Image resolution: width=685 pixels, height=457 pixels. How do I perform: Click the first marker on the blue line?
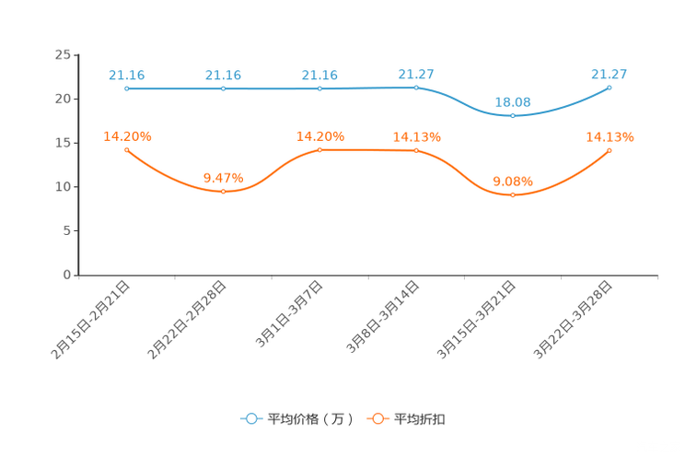click(x=126, y=88)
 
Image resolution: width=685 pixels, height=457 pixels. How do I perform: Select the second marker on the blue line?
click(x=224, y=88)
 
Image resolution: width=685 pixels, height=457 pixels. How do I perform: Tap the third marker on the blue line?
click(x=319, y=88)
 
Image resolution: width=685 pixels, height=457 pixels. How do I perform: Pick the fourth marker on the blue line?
click(x=417, y=88)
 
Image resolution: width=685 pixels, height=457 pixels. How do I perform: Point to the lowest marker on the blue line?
click(x=513, y=115)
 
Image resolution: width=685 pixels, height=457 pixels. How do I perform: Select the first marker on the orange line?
click(x=126, y=149)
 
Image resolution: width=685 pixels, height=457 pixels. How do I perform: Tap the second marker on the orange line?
click(x=224, y=191)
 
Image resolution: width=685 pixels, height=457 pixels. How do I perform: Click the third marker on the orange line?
click(x=319, y=149)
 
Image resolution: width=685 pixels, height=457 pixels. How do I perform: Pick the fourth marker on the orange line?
click(x=417, y=150)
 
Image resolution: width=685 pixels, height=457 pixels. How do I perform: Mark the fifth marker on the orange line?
click(x=513, y=194)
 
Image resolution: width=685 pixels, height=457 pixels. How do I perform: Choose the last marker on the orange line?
click(x=610, y=150)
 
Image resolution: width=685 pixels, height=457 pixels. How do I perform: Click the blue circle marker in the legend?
click(x=250, y=418)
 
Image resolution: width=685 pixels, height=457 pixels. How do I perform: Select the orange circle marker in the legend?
click(x=377, y=418)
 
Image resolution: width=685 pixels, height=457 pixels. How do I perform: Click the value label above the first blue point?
click(x=126, y=75)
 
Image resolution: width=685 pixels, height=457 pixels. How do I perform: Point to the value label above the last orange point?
click(x=610, y=136)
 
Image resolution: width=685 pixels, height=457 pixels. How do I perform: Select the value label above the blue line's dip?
click(x=513, y=100)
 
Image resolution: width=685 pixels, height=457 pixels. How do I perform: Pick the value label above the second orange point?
click(x=224, y=176)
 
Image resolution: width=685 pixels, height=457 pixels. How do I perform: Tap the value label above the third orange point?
click(x=319, y=135)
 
